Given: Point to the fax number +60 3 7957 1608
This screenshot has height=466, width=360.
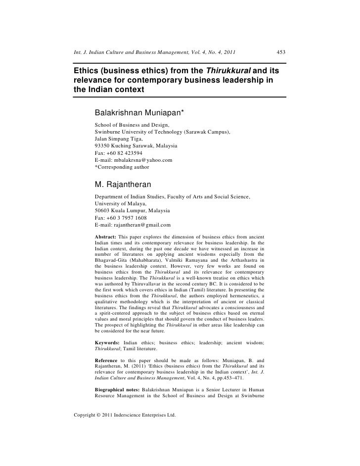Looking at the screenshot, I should point(126,218).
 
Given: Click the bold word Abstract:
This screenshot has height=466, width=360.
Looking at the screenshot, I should point(105,236).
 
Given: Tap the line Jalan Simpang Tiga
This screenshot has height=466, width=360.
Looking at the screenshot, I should point(118,140).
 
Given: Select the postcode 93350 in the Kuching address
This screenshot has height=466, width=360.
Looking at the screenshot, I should point(102,146).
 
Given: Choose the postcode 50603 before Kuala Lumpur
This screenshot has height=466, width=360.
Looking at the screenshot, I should point(102,211).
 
